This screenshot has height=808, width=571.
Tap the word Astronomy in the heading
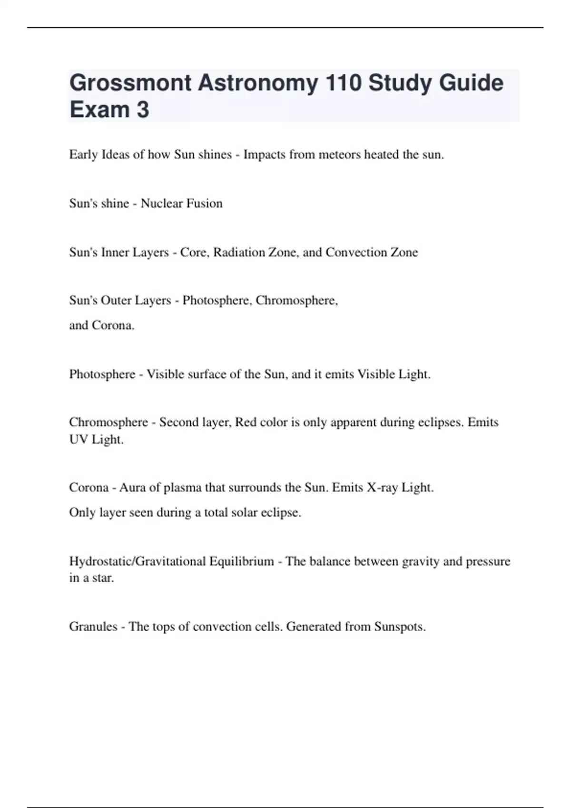pyautogui.click(x=258, y=83)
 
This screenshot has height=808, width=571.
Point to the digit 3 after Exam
pyautogui.click(x=143, y=110)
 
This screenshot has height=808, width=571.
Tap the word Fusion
pyautogui.click(x=204, y=203)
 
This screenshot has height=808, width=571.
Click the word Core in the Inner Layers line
pyautogui.click(x=192, y=252)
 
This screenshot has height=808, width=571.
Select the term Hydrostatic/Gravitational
pyautogui.click(x=138, y=561)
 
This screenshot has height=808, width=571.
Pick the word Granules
pyautogui.click(x=93, y=626)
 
